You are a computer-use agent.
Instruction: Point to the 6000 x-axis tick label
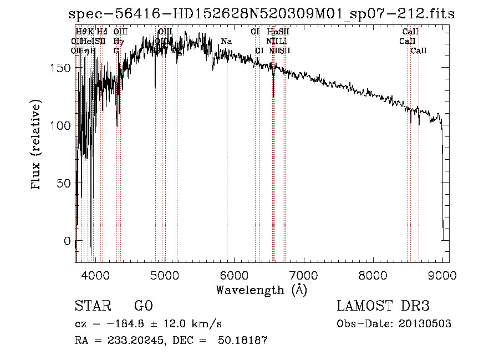(234, 275)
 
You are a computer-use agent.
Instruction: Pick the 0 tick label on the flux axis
(68, 241)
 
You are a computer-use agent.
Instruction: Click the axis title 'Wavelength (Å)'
(261, 290)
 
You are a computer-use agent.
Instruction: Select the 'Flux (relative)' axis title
(38, 146)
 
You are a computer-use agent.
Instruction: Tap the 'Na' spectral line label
(226, 41)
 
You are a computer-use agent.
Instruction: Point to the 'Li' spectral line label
(283, 41)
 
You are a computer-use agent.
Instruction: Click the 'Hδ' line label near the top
(103, 32)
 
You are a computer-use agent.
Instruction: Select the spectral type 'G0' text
(143, 306)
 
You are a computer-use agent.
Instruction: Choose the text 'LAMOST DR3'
(383, 306)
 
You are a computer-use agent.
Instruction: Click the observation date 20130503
(425, 324)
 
